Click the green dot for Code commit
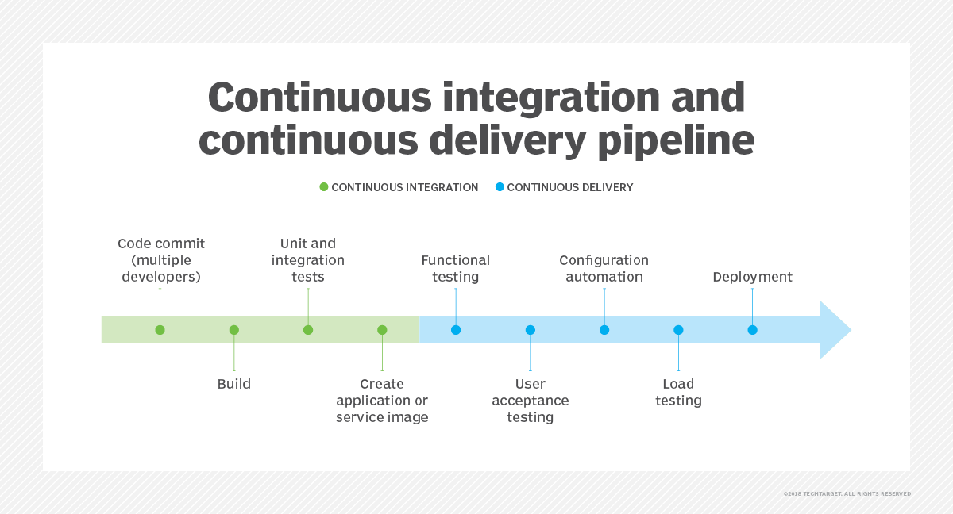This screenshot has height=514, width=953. (160, 330)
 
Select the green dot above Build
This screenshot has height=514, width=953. (234, 330)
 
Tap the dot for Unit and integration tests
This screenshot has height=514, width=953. (308, 330)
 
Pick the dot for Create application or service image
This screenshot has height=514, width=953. (382, 330)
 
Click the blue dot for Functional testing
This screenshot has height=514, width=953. (456, 330)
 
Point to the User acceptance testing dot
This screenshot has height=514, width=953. (531, 330)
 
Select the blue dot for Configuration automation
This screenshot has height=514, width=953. (604, 330)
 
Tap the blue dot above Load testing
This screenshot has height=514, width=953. (678, 330)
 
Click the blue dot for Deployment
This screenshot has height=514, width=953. (752, 330)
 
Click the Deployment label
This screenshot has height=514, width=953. (752, 277)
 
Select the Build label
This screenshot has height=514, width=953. (234, 384)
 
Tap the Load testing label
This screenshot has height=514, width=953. (678, 393)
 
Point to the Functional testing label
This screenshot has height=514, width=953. (456, 268)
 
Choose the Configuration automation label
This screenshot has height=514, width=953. (604, 268)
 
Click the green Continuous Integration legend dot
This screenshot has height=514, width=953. (324, 187)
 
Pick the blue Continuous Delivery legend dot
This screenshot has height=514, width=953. (500, 187)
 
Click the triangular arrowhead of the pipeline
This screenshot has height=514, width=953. (834, 330)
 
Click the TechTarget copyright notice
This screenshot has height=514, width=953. (847, 493)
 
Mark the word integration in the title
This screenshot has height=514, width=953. (548, 98)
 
